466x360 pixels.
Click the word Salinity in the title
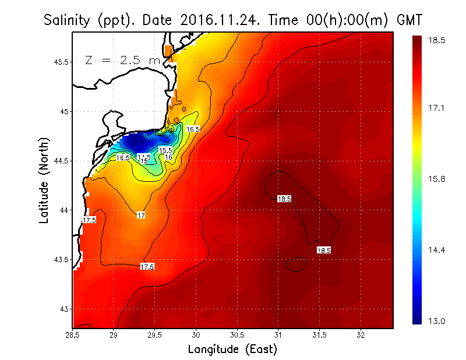69,20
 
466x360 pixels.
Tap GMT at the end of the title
409,20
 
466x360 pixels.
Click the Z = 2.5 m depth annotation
122,60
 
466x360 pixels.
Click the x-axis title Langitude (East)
232,349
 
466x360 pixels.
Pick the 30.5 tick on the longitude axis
237,336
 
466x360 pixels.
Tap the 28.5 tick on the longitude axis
73,336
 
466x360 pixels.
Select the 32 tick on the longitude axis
361,336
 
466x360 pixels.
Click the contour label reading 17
141,216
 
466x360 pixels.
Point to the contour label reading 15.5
166,151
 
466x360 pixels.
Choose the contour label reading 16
168,157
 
